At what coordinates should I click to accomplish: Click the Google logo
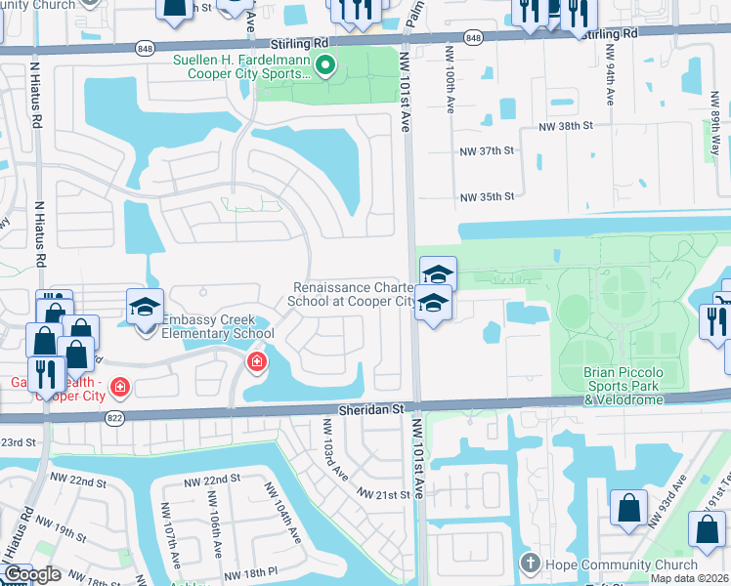click(32, 574)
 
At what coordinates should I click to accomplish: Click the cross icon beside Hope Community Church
click(530, 564)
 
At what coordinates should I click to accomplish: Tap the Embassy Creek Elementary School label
click(218, 326)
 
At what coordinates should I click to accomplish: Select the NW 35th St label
click(487, 197)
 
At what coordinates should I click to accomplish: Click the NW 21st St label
click(383, 495)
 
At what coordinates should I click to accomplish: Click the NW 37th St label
click(487, 152)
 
